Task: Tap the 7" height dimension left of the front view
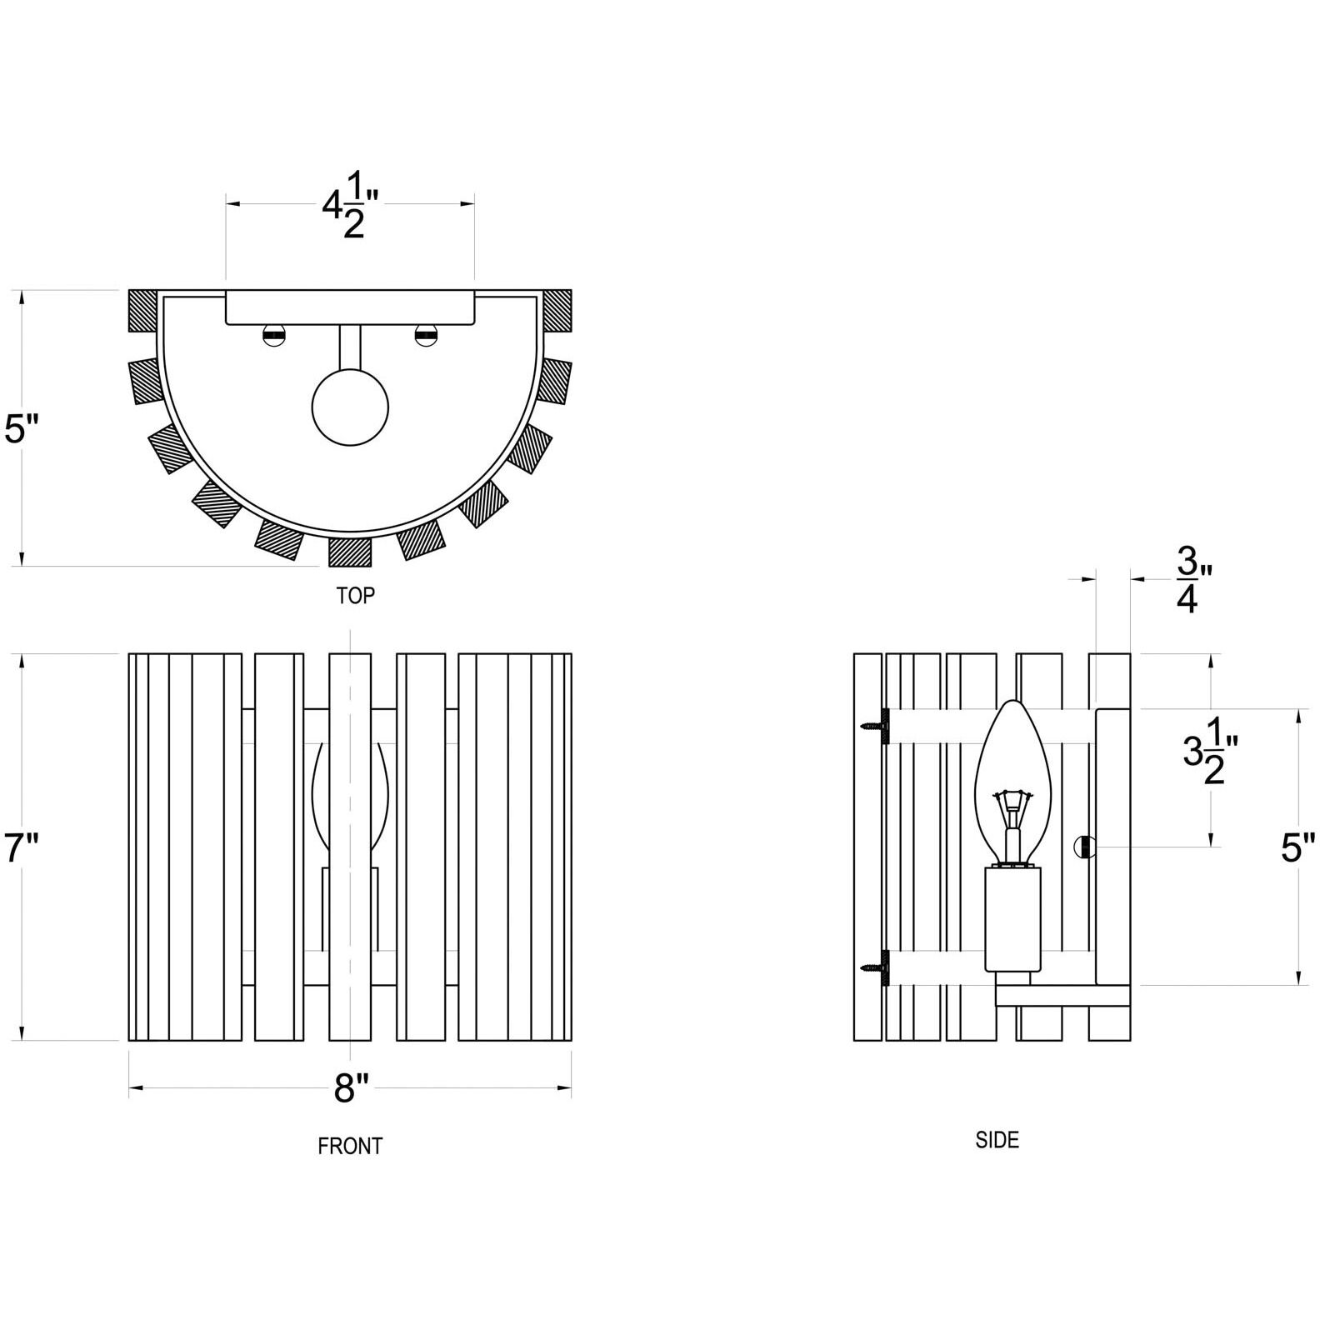[x=22, y=849]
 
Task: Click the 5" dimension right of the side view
[x=1297, y=849]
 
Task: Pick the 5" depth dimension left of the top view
[x=22, y=430]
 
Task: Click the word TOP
[x=355, y=595]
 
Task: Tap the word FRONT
[x=350, y=1146]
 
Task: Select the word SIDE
[x=997, y=1139]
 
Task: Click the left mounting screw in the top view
[x=273, y=335]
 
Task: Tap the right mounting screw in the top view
[x=426, y=335]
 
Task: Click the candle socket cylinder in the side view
[x=1012, y=918]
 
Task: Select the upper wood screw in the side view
[x=877, y=725]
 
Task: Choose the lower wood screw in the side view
[x=877, y=968]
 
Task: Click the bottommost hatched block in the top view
[x=350, y=552]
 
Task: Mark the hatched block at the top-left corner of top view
[x=142, y=310]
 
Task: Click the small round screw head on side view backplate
[x=1082, y=847]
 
